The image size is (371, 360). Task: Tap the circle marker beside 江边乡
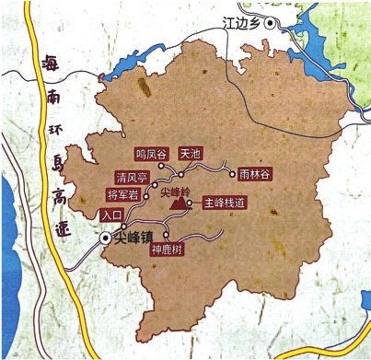[x=269, y=25]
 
